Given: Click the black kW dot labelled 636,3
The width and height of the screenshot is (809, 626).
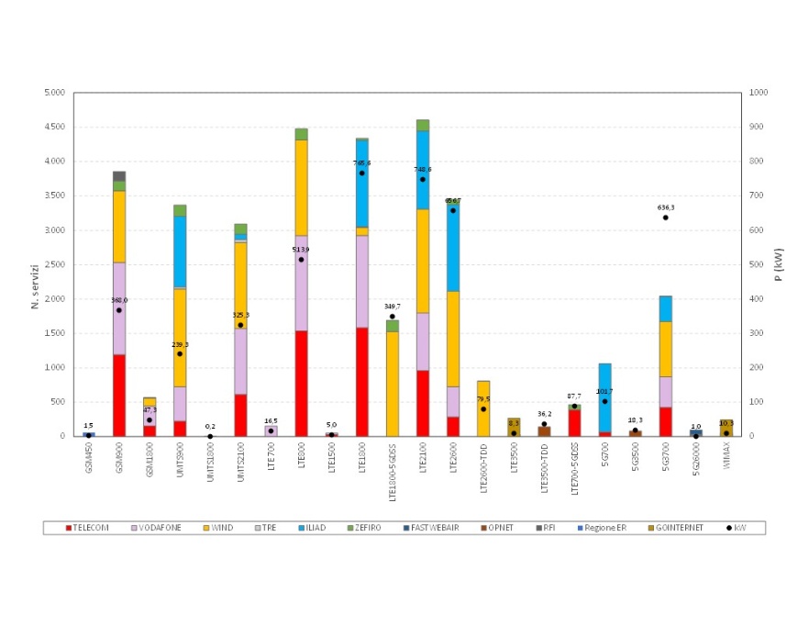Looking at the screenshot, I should click(665, 218).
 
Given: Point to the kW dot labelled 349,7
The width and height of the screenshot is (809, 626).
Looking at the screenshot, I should click(392, 317).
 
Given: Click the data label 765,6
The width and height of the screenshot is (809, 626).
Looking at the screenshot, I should click(361, 162).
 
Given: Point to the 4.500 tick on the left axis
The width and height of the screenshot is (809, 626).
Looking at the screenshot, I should click(53, 128).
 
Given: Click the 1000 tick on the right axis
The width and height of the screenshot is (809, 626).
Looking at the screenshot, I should click(759, 93).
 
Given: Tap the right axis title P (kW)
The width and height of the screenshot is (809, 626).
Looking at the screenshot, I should click(779, 263).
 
